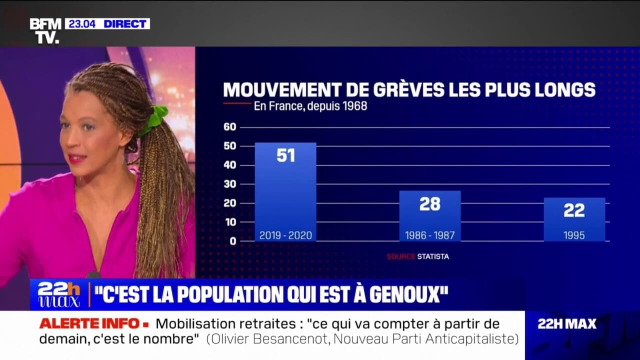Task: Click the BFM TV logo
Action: tap(45, 31)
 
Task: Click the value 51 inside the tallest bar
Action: tap(285, 155)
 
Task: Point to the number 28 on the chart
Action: tap(429, 204)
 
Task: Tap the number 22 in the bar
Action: tap(574, 210)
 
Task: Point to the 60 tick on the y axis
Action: tap(229, 127)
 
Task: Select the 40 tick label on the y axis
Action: tap(229, 165)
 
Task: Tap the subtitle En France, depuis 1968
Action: tap(310, 106)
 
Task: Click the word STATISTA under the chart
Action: tap(433, 256)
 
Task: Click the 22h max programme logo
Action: tap(58, 294)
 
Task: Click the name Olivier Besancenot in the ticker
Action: tap(268, 339)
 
